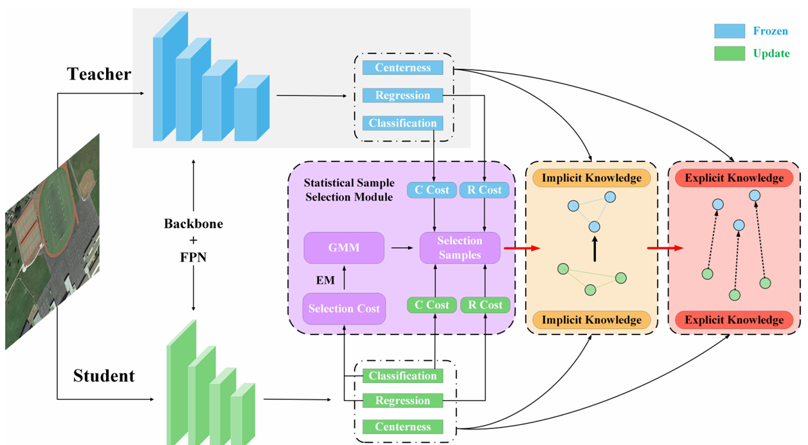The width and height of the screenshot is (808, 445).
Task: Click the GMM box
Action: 344,248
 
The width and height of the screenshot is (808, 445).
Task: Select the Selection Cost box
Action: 344,309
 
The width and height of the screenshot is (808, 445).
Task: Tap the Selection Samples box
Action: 460,248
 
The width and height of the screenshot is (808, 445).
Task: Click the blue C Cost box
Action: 432,190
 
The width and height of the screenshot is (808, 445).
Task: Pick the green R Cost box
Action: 485,305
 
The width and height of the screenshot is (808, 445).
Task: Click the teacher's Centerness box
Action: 402,68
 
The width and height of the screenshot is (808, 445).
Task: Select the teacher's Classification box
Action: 402,123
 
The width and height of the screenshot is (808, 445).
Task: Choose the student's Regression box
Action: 402,401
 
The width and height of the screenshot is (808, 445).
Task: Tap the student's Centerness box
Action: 402,426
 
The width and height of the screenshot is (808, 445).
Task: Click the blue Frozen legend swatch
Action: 730,31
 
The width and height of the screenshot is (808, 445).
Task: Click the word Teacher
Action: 99,75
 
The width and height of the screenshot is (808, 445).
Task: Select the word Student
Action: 103,376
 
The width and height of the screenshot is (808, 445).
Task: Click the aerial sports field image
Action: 53,241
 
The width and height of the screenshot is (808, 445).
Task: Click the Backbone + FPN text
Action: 193,237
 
